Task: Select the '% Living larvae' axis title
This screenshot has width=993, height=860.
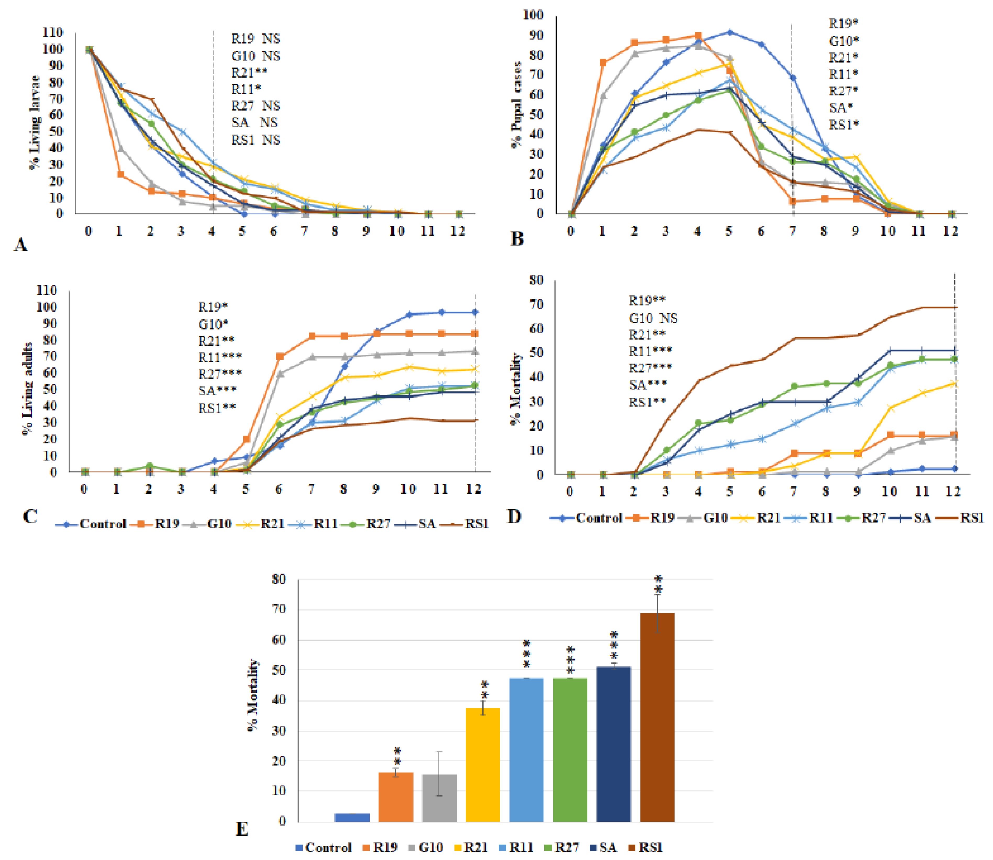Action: pyautogui.click(x=35, y=122)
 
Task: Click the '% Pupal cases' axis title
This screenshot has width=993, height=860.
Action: pyautogui.click(x=517, y=105)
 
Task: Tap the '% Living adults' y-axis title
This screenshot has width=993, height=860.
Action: pyautogui.click(x=28, y=389)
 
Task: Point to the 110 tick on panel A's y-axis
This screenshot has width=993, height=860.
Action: pyautogui.click(x=53, y=33)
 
